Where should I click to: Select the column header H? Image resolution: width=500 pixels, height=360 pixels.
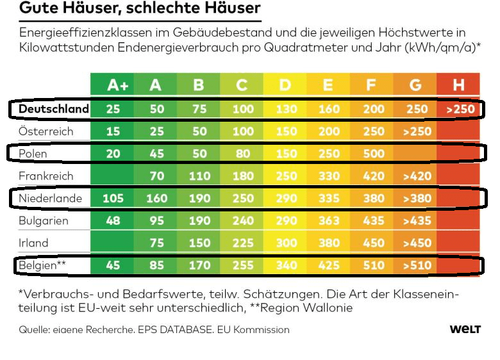click(458, 85)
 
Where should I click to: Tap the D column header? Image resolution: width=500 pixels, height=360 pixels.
click(285, 85)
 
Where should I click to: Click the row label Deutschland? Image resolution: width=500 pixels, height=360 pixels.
click(53, 109)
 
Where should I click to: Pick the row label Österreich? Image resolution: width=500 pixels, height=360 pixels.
click(46, 131)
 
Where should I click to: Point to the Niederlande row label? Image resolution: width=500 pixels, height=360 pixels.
click(51, 198)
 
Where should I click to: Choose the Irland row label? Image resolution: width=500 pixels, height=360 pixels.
click(34, 243)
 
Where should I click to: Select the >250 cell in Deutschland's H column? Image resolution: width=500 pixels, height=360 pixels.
click(461, 110)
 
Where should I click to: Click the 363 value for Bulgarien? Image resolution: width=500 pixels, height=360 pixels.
click(329, 221)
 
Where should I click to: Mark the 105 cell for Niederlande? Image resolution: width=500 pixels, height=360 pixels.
click(113, 199)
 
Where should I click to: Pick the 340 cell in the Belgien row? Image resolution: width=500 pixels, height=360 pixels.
click(285, 265)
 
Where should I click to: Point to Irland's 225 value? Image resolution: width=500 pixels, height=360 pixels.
click(242, 243)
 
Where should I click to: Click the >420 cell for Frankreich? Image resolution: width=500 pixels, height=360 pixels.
click(416, 176)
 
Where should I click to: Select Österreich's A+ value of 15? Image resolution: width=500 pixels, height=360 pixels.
click(113, 131)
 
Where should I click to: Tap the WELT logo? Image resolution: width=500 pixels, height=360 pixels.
click(465, 329)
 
